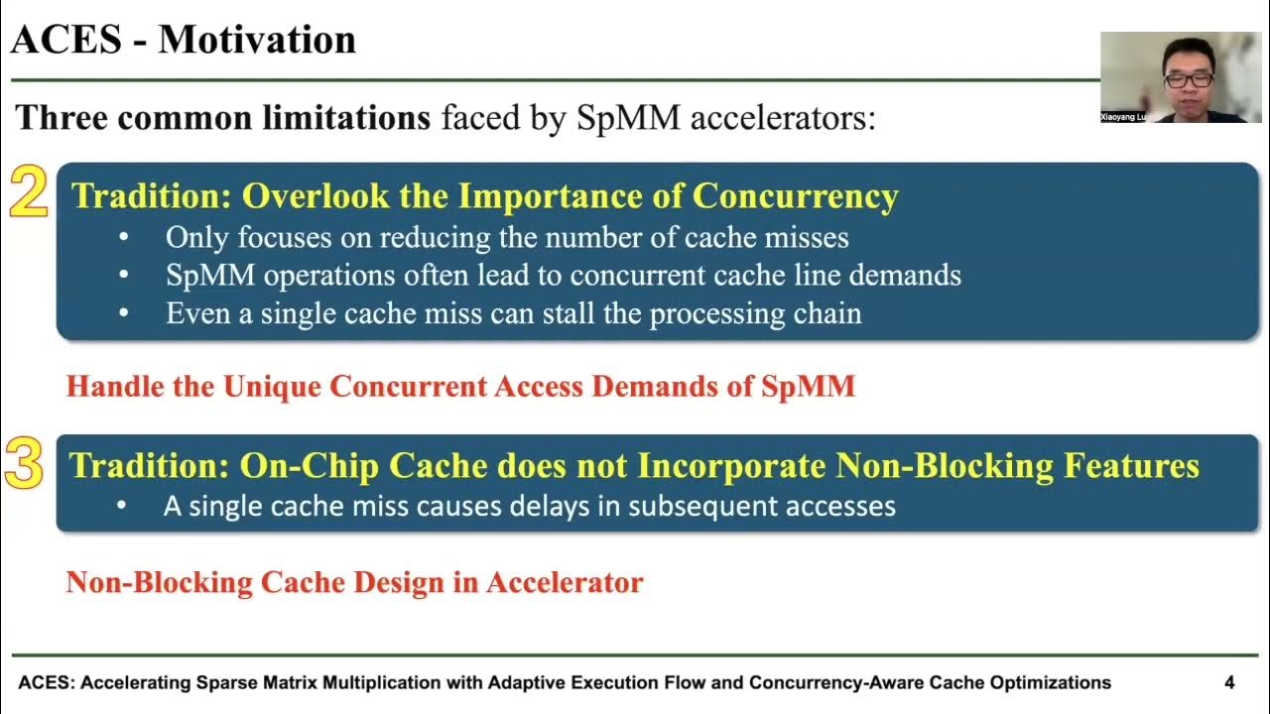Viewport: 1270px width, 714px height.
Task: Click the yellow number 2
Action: [28, 192]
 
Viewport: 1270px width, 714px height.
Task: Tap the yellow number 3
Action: [25, 464]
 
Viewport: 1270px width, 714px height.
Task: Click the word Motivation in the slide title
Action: [257, 40]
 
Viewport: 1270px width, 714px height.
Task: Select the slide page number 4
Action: [1229, 682]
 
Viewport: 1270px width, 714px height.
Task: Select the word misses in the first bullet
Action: [803, 237]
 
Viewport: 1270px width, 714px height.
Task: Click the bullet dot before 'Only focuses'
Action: [123, 238]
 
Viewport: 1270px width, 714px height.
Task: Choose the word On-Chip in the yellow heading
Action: [309, 465]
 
